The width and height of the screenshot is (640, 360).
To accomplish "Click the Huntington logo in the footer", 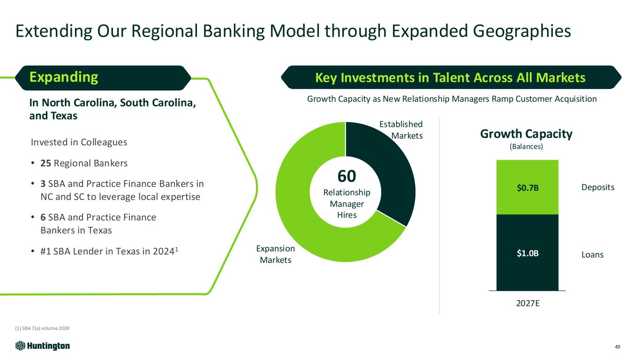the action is tap(43, 346).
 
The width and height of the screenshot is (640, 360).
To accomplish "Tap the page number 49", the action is tap(617, 347).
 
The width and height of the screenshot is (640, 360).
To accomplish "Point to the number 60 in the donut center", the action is tap(346, 176).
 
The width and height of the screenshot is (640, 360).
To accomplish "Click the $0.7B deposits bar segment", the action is tap(527, 187).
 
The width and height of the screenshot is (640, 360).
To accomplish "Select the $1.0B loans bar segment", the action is tap(527, 253).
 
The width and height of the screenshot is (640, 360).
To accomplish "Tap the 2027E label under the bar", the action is tap(528, 303).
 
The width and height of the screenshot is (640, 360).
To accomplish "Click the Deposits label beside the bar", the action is tap(598, 187).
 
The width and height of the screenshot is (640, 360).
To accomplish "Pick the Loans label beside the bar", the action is tap(592, 255).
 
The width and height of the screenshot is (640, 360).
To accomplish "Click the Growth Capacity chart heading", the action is tap(526, 134).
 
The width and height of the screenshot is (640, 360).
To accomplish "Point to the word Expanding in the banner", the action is tap(64, 77).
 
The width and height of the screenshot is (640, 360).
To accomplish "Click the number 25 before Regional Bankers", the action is tap(46, 163).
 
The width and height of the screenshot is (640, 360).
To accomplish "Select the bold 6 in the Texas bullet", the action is tap(43, 217).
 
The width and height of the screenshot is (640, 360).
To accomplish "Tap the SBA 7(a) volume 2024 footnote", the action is tap(42, 328).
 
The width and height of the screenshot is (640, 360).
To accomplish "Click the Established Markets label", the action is tap(401, 130).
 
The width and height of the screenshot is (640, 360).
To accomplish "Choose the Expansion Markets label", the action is tap(275, 254).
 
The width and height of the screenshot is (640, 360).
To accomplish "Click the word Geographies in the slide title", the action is tap(522, 31).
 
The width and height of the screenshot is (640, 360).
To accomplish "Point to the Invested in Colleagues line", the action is tap(79, 142).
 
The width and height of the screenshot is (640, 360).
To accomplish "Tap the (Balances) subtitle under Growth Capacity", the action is tap(526, 147).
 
